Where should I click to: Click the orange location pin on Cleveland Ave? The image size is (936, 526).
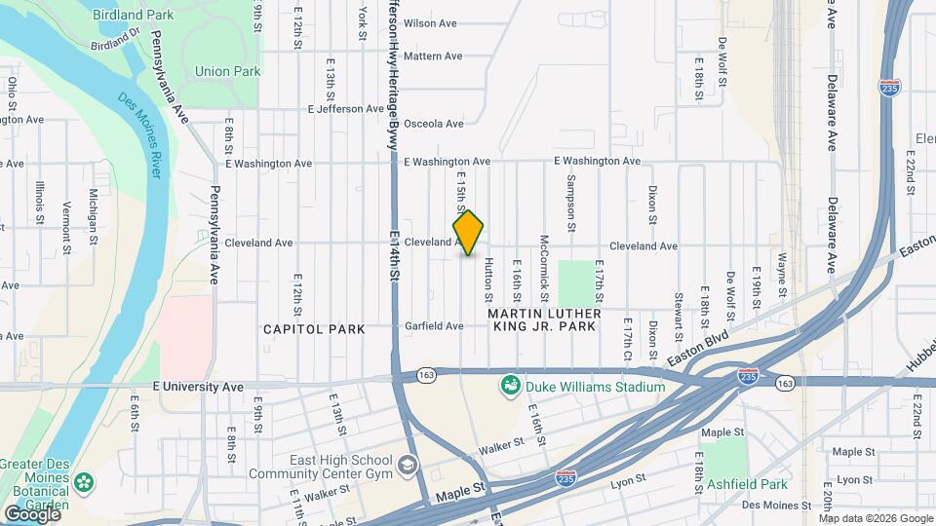pos(469,233)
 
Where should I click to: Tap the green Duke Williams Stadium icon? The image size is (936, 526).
pos(510,388)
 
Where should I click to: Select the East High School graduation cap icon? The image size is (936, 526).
pos(408,468)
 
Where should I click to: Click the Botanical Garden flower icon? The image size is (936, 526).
pos(85,480)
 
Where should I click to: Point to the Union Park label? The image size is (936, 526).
pos(227,71)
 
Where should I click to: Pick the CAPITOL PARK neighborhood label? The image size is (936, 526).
pos(314,329)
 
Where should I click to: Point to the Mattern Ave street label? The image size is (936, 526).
pos(432,56)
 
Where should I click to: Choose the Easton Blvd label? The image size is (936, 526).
pos(699,347)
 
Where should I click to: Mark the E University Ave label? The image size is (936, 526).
pos(198,387)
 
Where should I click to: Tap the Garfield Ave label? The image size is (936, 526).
pos(434,326)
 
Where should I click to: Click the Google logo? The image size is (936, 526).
pos(32,513)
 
